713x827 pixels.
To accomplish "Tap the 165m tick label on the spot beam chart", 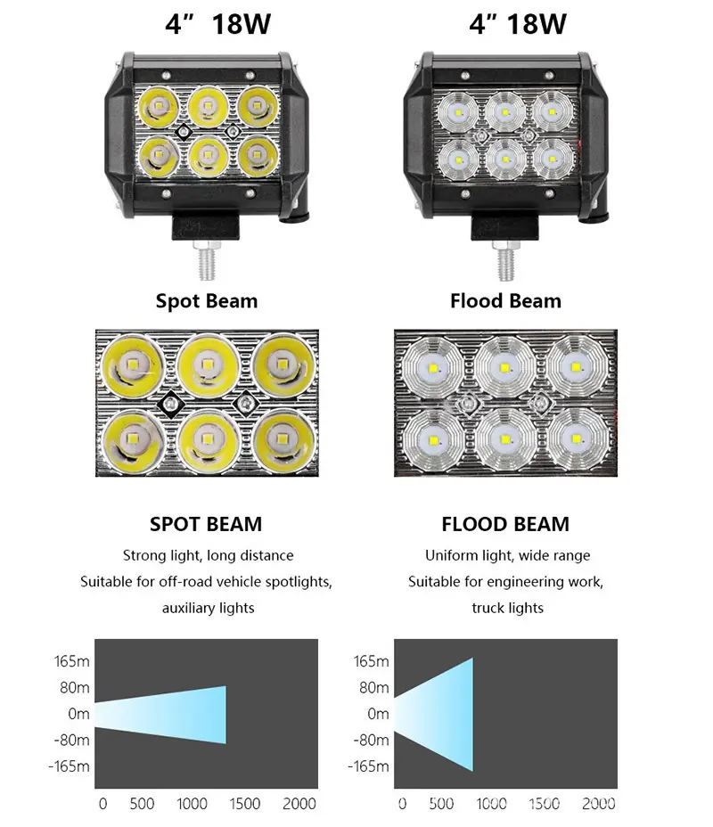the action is [71, 661].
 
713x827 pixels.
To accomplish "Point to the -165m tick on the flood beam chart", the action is [369, 766].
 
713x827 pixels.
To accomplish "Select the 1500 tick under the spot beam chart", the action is [245, 803].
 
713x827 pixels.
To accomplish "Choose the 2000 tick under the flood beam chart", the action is [598, 803].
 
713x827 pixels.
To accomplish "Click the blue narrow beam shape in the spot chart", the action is [160, 715].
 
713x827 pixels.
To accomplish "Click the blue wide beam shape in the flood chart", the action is [433, 714].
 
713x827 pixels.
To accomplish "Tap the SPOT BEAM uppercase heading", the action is [206, 524].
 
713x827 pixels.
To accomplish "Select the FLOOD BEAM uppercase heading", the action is [505, 524].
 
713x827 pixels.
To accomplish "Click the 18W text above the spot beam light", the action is [241, 24].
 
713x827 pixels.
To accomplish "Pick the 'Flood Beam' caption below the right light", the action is [505, 300].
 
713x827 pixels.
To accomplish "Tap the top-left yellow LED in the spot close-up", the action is [133, 365].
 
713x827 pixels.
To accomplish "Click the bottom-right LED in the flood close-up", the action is [576, 439].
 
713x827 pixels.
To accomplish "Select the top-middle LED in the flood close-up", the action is [504, 368].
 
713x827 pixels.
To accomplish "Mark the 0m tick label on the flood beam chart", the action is [378, 714].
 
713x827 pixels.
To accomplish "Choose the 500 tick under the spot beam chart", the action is [142, 803].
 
